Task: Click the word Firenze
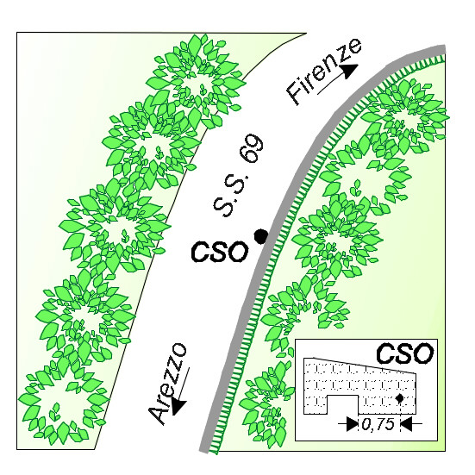(x=324, y=72)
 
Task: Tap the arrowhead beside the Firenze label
(x=350, y=72)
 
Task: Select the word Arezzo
(x=167, y=384)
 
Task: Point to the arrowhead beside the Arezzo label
(x=179, y=407)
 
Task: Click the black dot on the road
(x=261, y=236)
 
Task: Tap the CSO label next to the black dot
(x=220, y=252)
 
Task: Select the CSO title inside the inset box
(x=404, y=353)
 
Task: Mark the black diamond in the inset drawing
(x=400, y=398)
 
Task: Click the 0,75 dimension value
(x=378, y=424)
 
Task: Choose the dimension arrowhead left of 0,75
(x=353, y=423)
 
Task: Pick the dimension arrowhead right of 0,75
(x=407, y=423)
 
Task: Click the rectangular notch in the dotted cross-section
(x=342, y=404)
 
